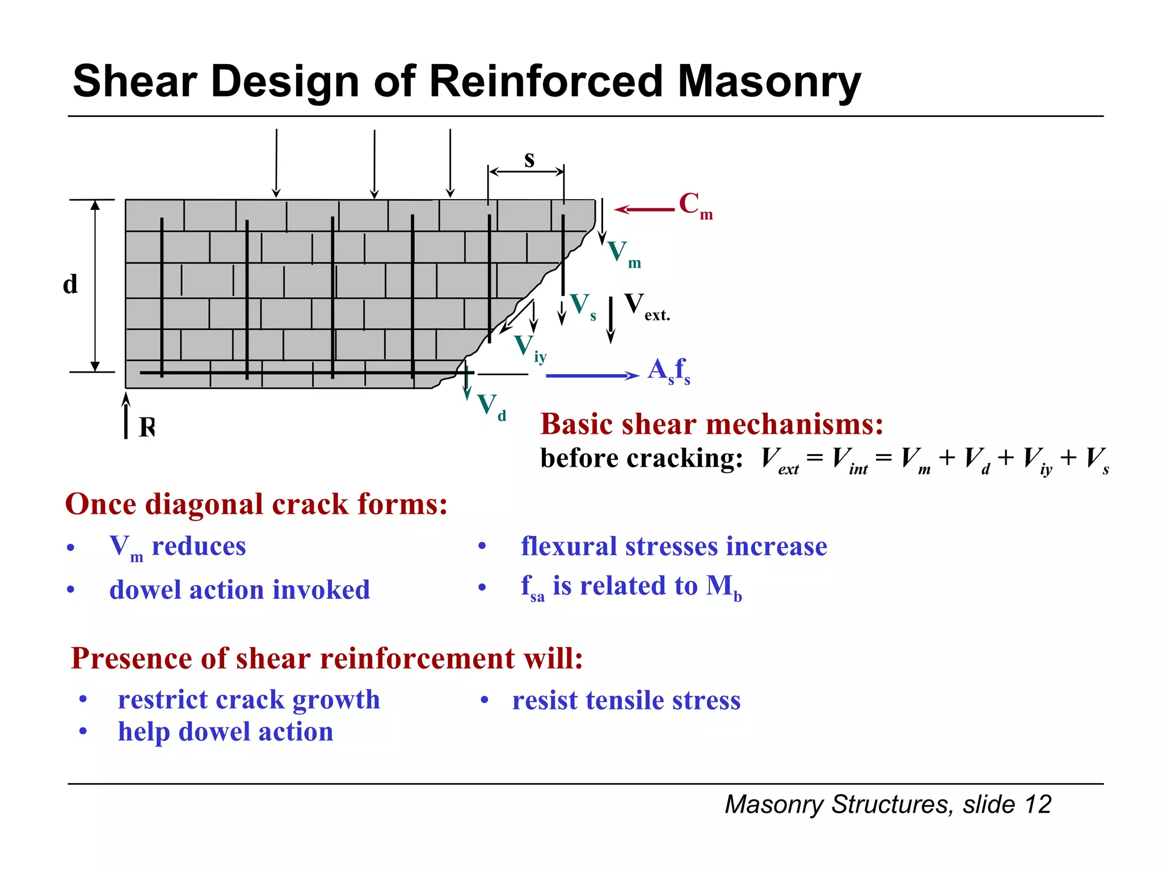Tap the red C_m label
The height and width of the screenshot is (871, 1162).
point(695,205)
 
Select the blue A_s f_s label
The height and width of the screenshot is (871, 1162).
point(669,371)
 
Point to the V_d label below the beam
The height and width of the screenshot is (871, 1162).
point(491,406)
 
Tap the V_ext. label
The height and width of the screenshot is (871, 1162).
point(646,307)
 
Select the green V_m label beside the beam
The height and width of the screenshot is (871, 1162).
point(623,253)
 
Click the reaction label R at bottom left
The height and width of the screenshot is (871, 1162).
point(147,426)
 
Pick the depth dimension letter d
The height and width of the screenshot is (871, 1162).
point(70,284)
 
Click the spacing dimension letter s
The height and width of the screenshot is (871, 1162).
point(529,159)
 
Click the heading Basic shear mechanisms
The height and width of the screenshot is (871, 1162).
point(711,424)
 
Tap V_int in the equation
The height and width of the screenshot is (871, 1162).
point(849,459)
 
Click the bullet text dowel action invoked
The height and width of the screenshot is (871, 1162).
point(239,589)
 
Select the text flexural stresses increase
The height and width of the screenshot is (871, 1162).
point(673,546)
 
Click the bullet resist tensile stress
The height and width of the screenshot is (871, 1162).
point(626,700)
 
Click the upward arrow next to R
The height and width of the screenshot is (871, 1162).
point(126,416)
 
